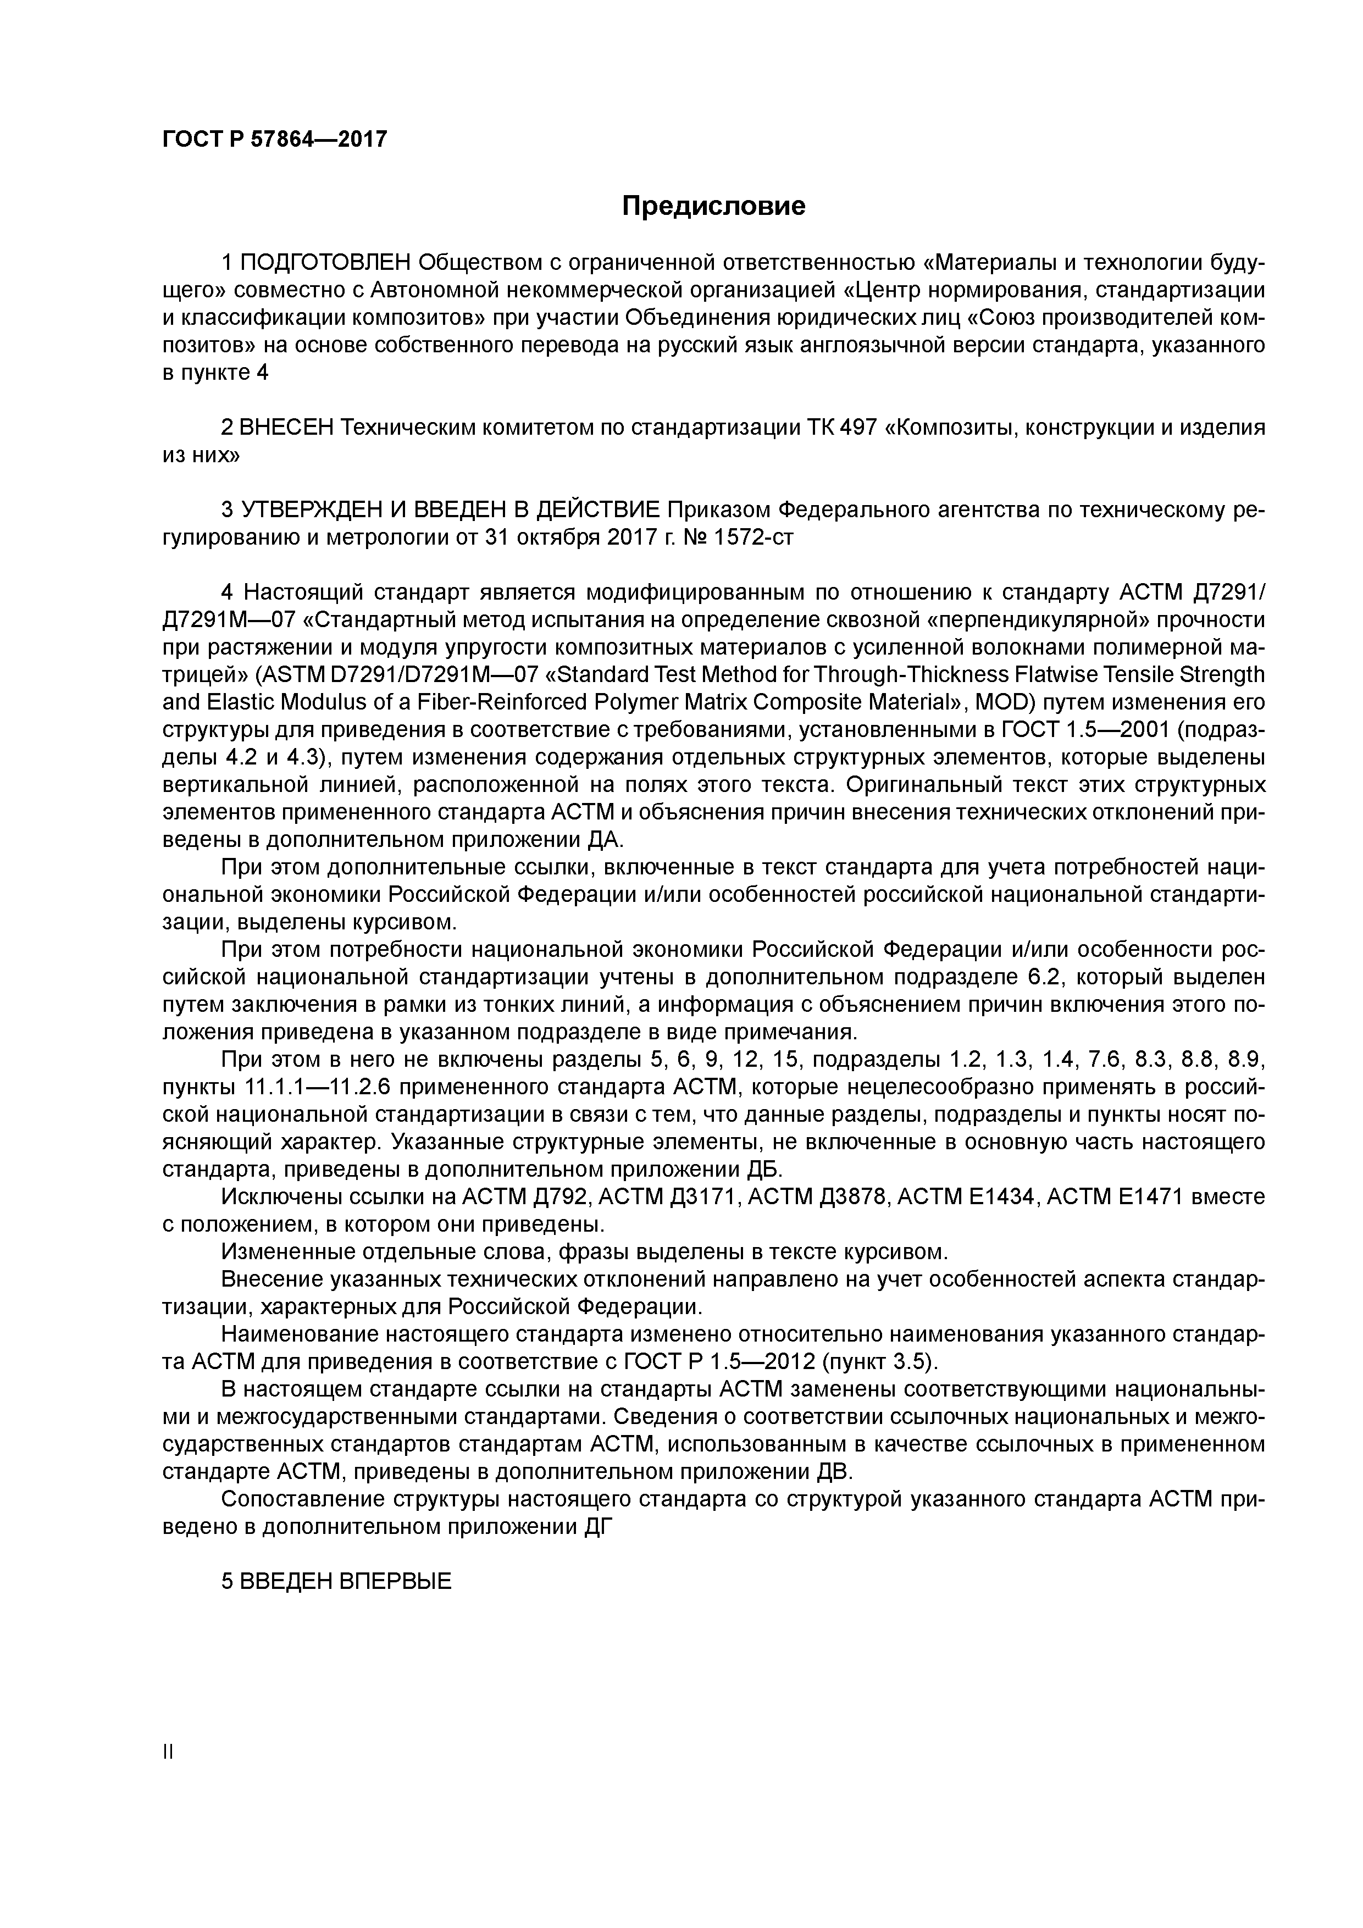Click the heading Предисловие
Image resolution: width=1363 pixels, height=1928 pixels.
[x=713, y=206]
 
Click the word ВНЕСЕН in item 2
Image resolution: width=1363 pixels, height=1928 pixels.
[x=286, y=428]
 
